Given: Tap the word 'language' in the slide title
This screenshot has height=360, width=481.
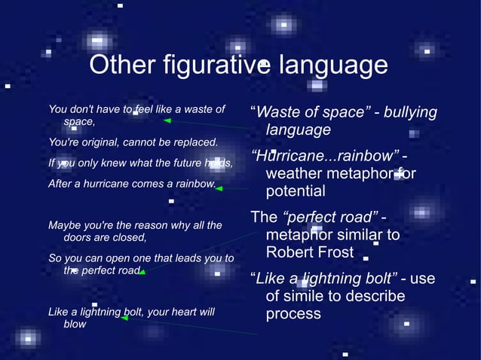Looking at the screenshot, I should [333, 66].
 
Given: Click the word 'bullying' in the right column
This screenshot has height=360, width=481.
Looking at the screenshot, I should [410, 113].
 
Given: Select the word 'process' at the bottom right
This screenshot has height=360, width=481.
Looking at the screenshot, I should [293, 313].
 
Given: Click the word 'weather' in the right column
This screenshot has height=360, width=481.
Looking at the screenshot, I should [294, 174].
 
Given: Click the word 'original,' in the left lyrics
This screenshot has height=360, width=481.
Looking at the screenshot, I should [109, 142].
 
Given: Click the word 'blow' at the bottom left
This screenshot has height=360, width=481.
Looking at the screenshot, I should [75, 324].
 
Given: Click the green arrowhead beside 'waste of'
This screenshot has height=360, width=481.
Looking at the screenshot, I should [167, 120].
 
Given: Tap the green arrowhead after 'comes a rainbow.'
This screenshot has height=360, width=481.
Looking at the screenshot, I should [219, 188].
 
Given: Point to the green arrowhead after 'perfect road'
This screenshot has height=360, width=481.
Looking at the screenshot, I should [141, 272].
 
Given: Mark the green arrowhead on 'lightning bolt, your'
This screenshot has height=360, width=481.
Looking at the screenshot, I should [124, 318].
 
